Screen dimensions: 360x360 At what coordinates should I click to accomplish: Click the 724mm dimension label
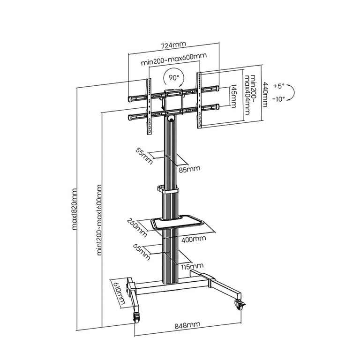click(x=173, y=45)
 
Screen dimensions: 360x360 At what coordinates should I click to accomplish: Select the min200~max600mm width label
click(x=174, y=59)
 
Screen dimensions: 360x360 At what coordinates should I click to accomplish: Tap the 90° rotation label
click(x=174, y=78)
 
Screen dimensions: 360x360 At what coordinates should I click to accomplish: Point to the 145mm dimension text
click(x=234, y=96)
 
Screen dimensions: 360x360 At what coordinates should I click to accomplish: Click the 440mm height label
click(x=265, y=94)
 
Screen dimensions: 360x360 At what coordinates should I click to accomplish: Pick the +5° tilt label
click(x=279, y=86)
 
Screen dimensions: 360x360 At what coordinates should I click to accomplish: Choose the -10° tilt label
click(x=279, y=99)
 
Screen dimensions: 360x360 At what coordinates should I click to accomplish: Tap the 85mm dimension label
click(x=189, y=169)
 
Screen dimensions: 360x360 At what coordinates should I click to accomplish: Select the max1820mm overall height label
click(x=75, y=209)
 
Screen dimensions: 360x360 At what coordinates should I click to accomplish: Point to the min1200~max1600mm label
click(x=99, y=220)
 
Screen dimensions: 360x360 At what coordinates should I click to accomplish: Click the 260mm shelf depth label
click(x=137, y=227)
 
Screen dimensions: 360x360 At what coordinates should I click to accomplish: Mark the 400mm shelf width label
click(x=194, y=239)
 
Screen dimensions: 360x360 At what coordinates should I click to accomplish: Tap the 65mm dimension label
click(x=142, y=252)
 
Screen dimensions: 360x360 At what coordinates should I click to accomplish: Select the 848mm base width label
click(x=187, y=325)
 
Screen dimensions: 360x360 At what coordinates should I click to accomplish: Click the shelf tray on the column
click(x=177, y=221)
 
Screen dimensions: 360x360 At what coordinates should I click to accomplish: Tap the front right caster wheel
click(x=240, y=306)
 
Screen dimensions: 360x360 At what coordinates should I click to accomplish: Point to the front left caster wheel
click(x=136, y=318)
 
